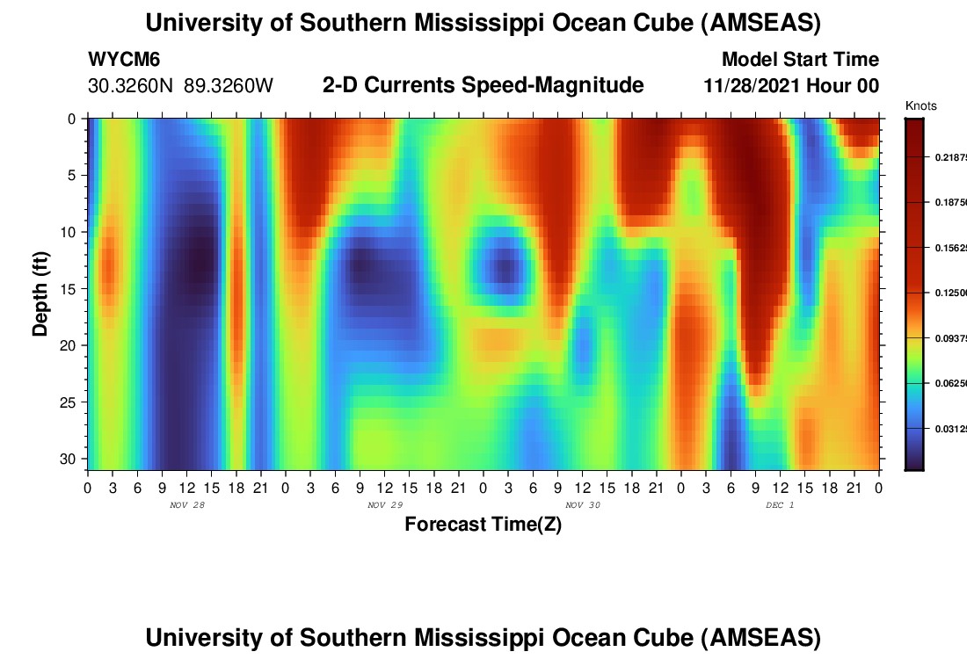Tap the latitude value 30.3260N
pyautogui.click(x=132, y=85)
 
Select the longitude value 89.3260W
pyautogui.click(x=229, y=85)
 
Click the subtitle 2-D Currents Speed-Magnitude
pyautogui.click(x=483, y=85)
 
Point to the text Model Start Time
pyautogui.click(x=800, y=60)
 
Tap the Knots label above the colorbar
pyautogui.click(x=920, y=106)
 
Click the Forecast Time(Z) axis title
pyautogui.click(x=483, y=525)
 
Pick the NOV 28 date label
pyautogui.click(x=186, y=504)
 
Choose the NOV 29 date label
pyautogui.click(x=384, y=504)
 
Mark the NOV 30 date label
pyautogui.click(x=582, y=504)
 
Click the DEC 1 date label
pyautogui.click(x=779, y=504)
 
